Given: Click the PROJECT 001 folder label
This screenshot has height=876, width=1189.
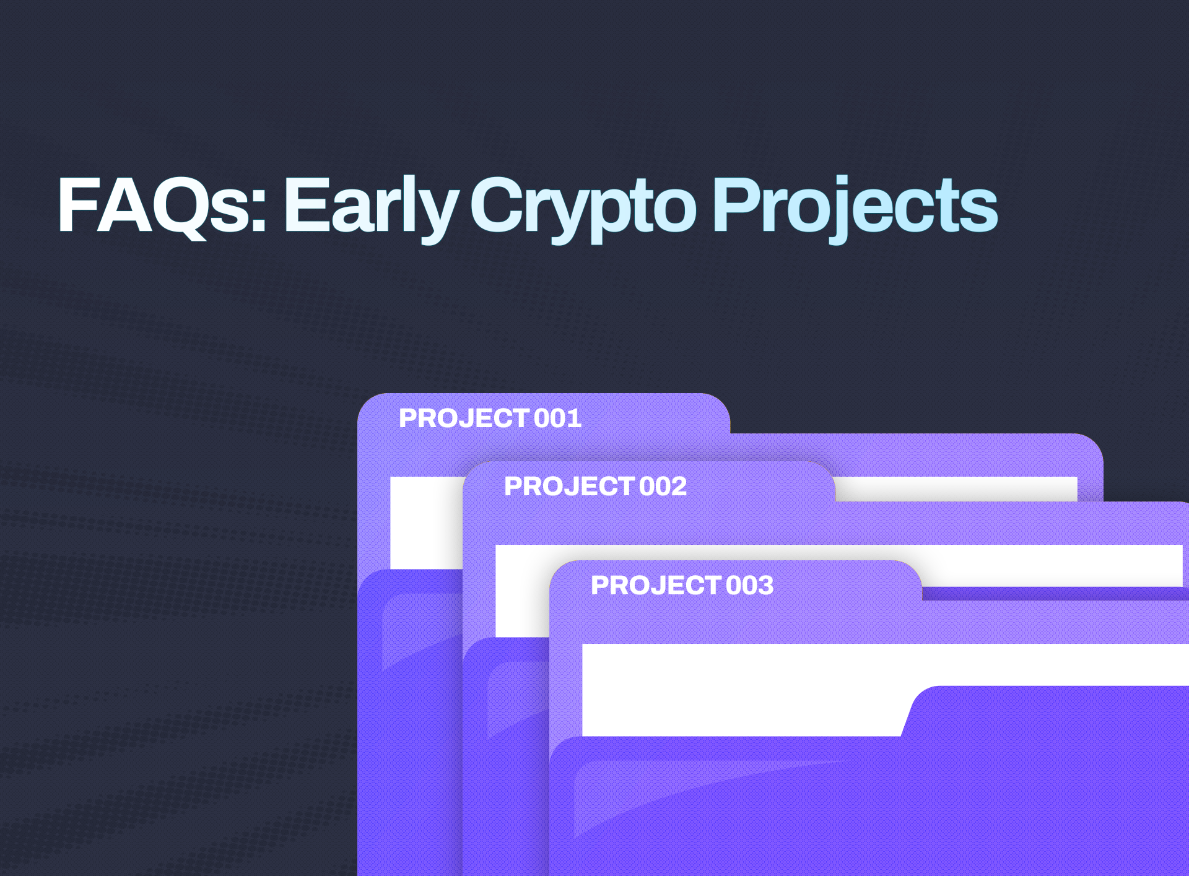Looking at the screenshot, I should [490, 418].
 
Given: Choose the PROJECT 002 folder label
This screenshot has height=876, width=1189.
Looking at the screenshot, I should [595, 487].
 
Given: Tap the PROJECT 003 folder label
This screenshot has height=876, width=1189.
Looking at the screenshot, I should [682, 586].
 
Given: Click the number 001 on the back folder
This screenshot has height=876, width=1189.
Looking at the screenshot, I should [557, 418].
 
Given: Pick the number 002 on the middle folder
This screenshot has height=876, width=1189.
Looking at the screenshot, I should [663, 487].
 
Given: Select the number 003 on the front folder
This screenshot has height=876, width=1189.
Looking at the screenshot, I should [749, 586].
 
